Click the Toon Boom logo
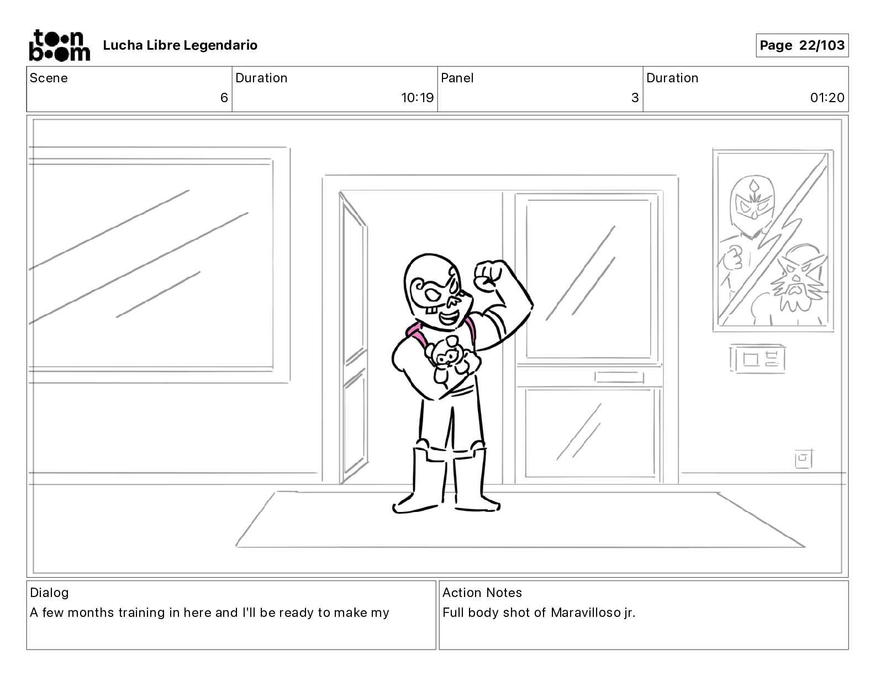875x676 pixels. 59,45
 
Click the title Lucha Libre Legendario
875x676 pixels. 180,45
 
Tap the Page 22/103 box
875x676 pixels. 802,45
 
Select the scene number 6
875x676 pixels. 224,98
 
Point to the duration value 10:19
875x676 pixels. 417,98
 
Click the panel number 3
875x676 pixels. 635,98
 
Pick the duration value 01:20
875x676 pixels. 827,98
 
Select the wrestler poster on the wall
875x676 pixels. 773,240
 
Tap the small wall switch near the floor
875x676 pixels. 803,458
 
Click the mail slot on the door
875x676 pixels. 619,377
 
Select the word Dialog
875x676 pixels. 49,593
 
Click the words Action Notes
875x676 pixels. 482,593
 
